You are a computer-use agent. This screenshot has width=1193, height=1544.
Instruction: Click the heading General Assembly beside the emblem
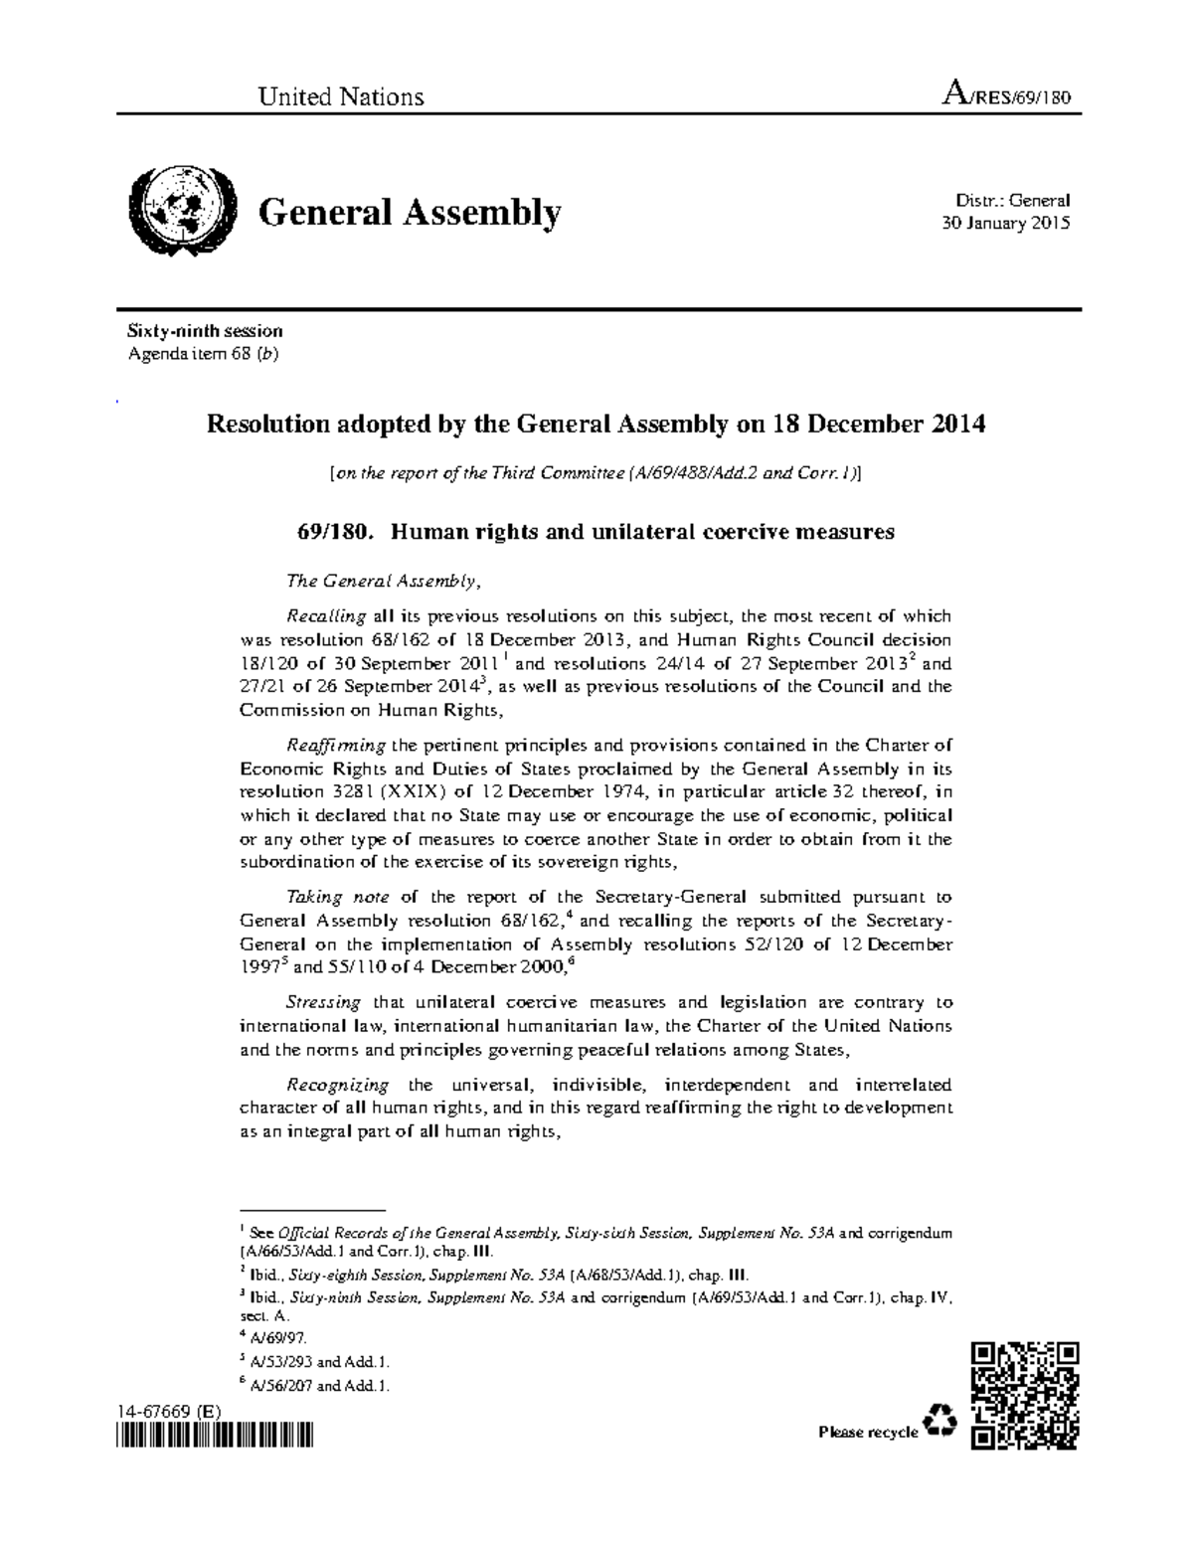pyautogui.click(x=410, y=213)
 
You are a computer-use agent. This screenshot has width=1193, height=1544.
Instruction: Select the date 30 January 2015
pyautogui.click(x=1005, y=223)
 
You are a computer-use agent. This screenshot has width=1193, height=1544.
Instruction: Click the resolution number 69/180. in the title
pyautogui.click(x=336, y=532)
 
